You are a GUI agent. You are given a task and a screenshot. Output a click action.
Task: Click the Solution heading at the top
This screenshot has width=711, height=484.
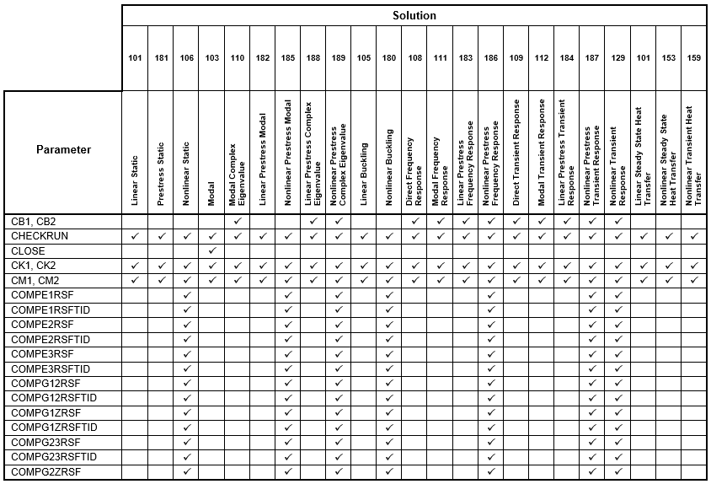click(x=414, y=15)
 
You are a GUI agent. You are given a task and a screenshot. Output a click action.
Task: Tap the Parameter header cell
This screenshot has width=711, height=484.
click(x=63, y=150)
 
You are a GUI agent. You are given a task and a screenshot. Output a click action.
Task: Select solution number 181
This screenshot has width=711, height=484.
click(x=161, y=57)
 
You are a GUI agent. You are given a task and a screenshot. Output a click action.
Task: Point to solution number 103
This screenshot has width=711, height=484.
click(x=211, y=57)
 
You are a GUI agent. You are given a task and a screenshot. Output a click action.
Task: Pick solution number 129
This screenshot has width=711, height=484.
click(x=617, y=57)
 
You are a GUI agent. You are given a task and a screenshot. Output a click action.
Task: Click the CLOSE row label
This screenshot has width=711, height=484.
click(x=29, y=251)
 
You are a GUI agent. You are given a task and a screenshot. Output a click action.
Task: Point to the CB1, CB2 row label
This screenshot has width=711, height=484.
click(x=34, y=221)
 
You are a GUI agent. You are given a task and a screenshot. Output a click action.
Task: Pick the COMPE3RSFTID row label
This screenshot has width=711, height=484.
click(x=51, y=368)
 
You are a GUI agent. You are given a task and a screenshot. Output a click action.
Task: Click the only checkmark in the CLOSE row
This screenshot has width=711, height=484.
click(x=211, y=251)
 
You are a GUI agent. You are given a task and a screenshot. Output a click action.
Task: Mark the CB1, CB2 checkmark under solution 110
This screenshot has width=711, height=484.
click(x=238, y=221)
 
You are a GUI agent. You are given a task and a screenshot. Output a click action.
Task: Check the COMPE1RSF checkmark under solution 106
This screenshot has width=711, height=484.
click(x=186, y=295)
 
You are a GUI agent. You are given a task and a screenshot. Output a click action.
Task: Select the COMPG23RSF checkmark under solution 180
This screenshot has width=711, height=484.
click(x=389, y=442)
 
